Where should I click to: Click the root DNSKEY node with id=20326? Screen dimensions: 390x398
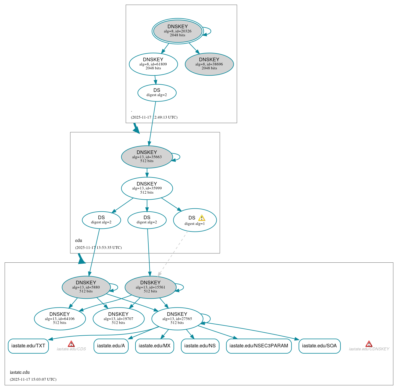click(178, 31)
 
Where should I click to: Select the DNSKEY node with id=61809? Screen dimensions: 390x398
click(153, 64)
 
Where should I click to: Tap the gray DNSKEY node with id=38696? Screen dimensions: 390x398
click(209, 64)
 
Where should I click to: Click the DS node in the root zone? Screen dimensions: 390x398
click(157, 93)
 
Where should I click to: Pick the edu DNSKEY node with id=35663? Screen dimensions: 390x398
click(147, 157)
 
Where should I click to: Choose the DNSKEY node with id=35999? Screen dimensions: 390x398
click(147, 188)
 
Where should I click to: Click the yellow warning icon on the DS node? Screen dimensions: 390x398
click(202, 218)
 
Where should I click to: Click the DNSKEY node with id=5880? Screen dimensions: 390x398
click(86, 287)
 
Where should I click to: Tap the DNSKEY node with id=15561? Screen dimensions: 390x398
click(150, 287)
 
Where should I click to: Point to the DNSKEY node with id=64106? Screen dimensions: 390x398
click(60, 319)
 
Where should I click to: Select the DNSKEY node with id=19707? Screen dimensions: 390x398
click(118, 319)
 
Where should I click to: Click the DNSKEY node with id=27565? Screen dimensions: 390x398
click(177, 319)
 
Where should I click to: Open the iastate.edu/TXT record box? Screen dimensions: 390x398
click(28, 346)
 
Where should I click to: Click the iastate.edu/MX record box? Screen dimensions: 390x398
click(154, 346)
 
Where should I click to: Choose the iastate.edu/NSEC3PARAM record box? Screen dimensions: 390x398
click(259, 346)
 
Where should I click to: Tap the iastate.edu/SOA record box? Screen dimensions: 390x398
click(319, 346)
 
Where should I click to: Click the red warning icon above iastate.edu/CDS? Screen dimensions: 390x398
click(71, 344)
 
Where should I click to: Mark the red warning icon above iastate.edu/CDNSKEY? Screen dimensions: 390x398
click(369, 344)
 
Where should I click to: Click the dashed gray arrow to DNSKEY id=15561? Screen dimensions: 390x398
click(173, 254)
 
